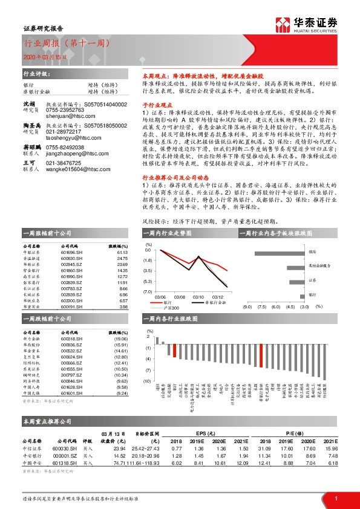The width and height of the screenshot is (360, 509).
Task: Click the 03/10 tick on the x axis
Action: (198, 296)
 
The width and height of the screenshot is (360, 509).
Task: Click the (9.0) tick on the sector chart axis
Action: (247, 306)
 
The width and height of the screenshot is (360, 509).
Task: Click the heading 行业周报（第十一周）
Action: (58, 44)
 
